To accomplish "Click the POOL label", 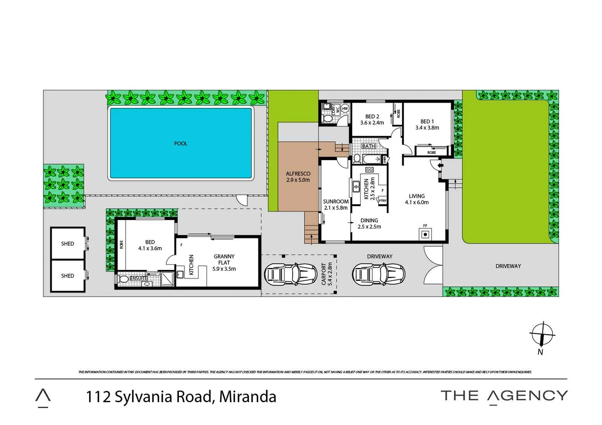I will (180, 144).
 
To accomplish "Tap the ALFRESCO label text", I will (298, 174).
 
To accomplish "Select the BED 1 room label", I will (427, 122).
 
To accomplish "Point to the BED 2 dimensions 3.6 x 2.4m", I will (372, 123).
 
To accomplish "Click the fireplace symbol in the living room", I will (425, 235).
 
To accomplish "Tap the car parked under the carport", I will (291, 274).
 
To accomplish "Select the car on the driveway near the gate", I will (379, 274).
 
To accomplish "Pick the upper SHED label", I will (67, 244).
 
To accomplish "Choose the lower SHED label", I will (67, 276).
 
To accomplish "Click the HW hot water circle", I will (345, 108).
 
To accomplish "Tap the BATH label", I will (368, 146).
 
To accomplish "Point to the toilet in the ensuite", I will (123, 279).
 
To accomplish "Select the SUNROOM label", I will (336, 201).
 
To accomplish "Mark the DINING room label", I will (369, 221).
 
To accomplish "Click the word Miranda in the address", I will (247, 397).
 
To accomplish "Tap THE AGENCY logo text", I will (504, 396).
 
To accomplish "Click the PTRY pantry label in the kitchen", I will (382, 201).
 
